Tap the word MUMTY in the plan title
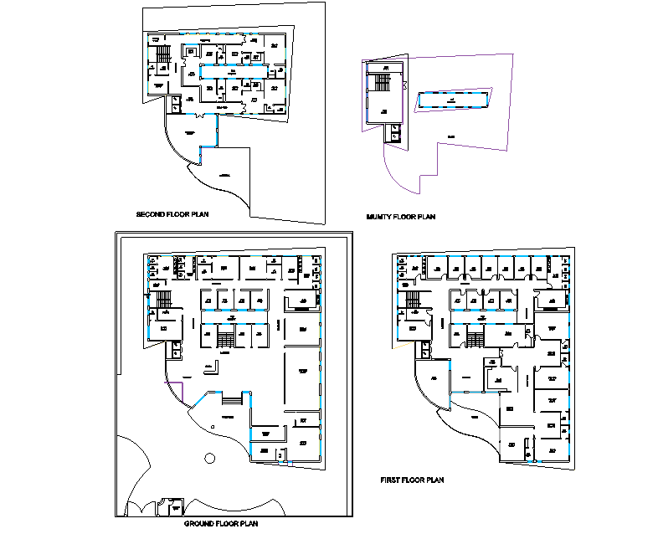[x=380, y=218]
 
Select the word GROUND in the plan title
[x=199, y=524]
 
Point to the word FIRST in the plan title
[x=391, y=480]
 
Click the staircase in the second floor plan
[x=163, y=55]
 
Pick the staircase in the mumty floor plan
[x=383, y=83]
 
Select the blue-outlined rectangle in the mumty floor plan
[x=453, y=100]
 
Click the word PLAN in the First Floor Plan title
[x=433, y=480]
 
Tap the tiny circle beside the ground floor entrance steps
[x=214, y=427]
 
